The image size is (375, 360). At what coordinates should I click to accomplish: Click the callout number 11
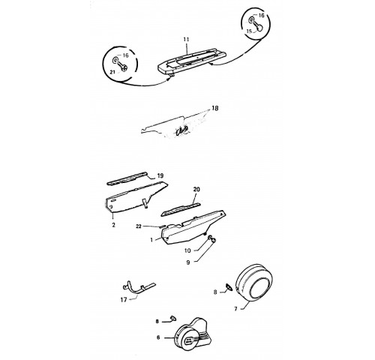[x=186, y=40]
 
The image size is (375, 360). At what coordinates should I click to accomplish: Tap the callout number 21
[x=112, y=72]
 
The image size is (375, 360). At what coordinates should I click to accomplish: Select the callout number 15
[x=249, y=31]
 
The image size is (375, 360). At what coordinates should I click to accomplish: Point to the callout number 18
[x=214, y=108]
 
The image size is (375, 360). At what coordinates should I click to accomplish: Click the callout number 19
[x=160, y=176]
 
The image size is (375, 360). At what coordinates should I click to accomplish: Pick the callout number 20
[x=196, y=190]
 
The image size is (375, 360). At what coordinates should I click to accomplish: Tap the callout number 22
[x=139, y=226]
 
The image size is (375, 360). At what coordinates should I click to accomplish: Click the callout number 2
[x=113, y=225]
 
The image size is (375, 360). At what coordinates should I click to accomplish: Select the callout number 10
[x=187, y=250]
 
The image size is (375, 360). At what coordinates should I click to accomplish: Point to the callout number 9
[x=188, y=262]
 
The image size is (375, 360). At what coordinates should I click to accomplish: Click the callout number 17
[x=124, y=299]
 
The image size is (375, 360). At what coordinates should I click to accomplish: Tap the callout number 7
[x=235, y=309]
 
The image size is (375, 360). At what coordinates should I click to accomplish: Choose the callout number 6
[x=158, y=337]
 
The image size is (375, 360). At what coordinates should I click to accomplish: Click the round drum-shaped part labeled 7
[x=254, y=282]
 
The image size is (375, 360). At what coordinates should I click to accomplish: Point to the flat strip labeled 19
[x=127, y=178]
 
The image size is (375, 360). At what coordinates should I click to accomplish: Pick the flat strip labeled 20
[x=181, y=209]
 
